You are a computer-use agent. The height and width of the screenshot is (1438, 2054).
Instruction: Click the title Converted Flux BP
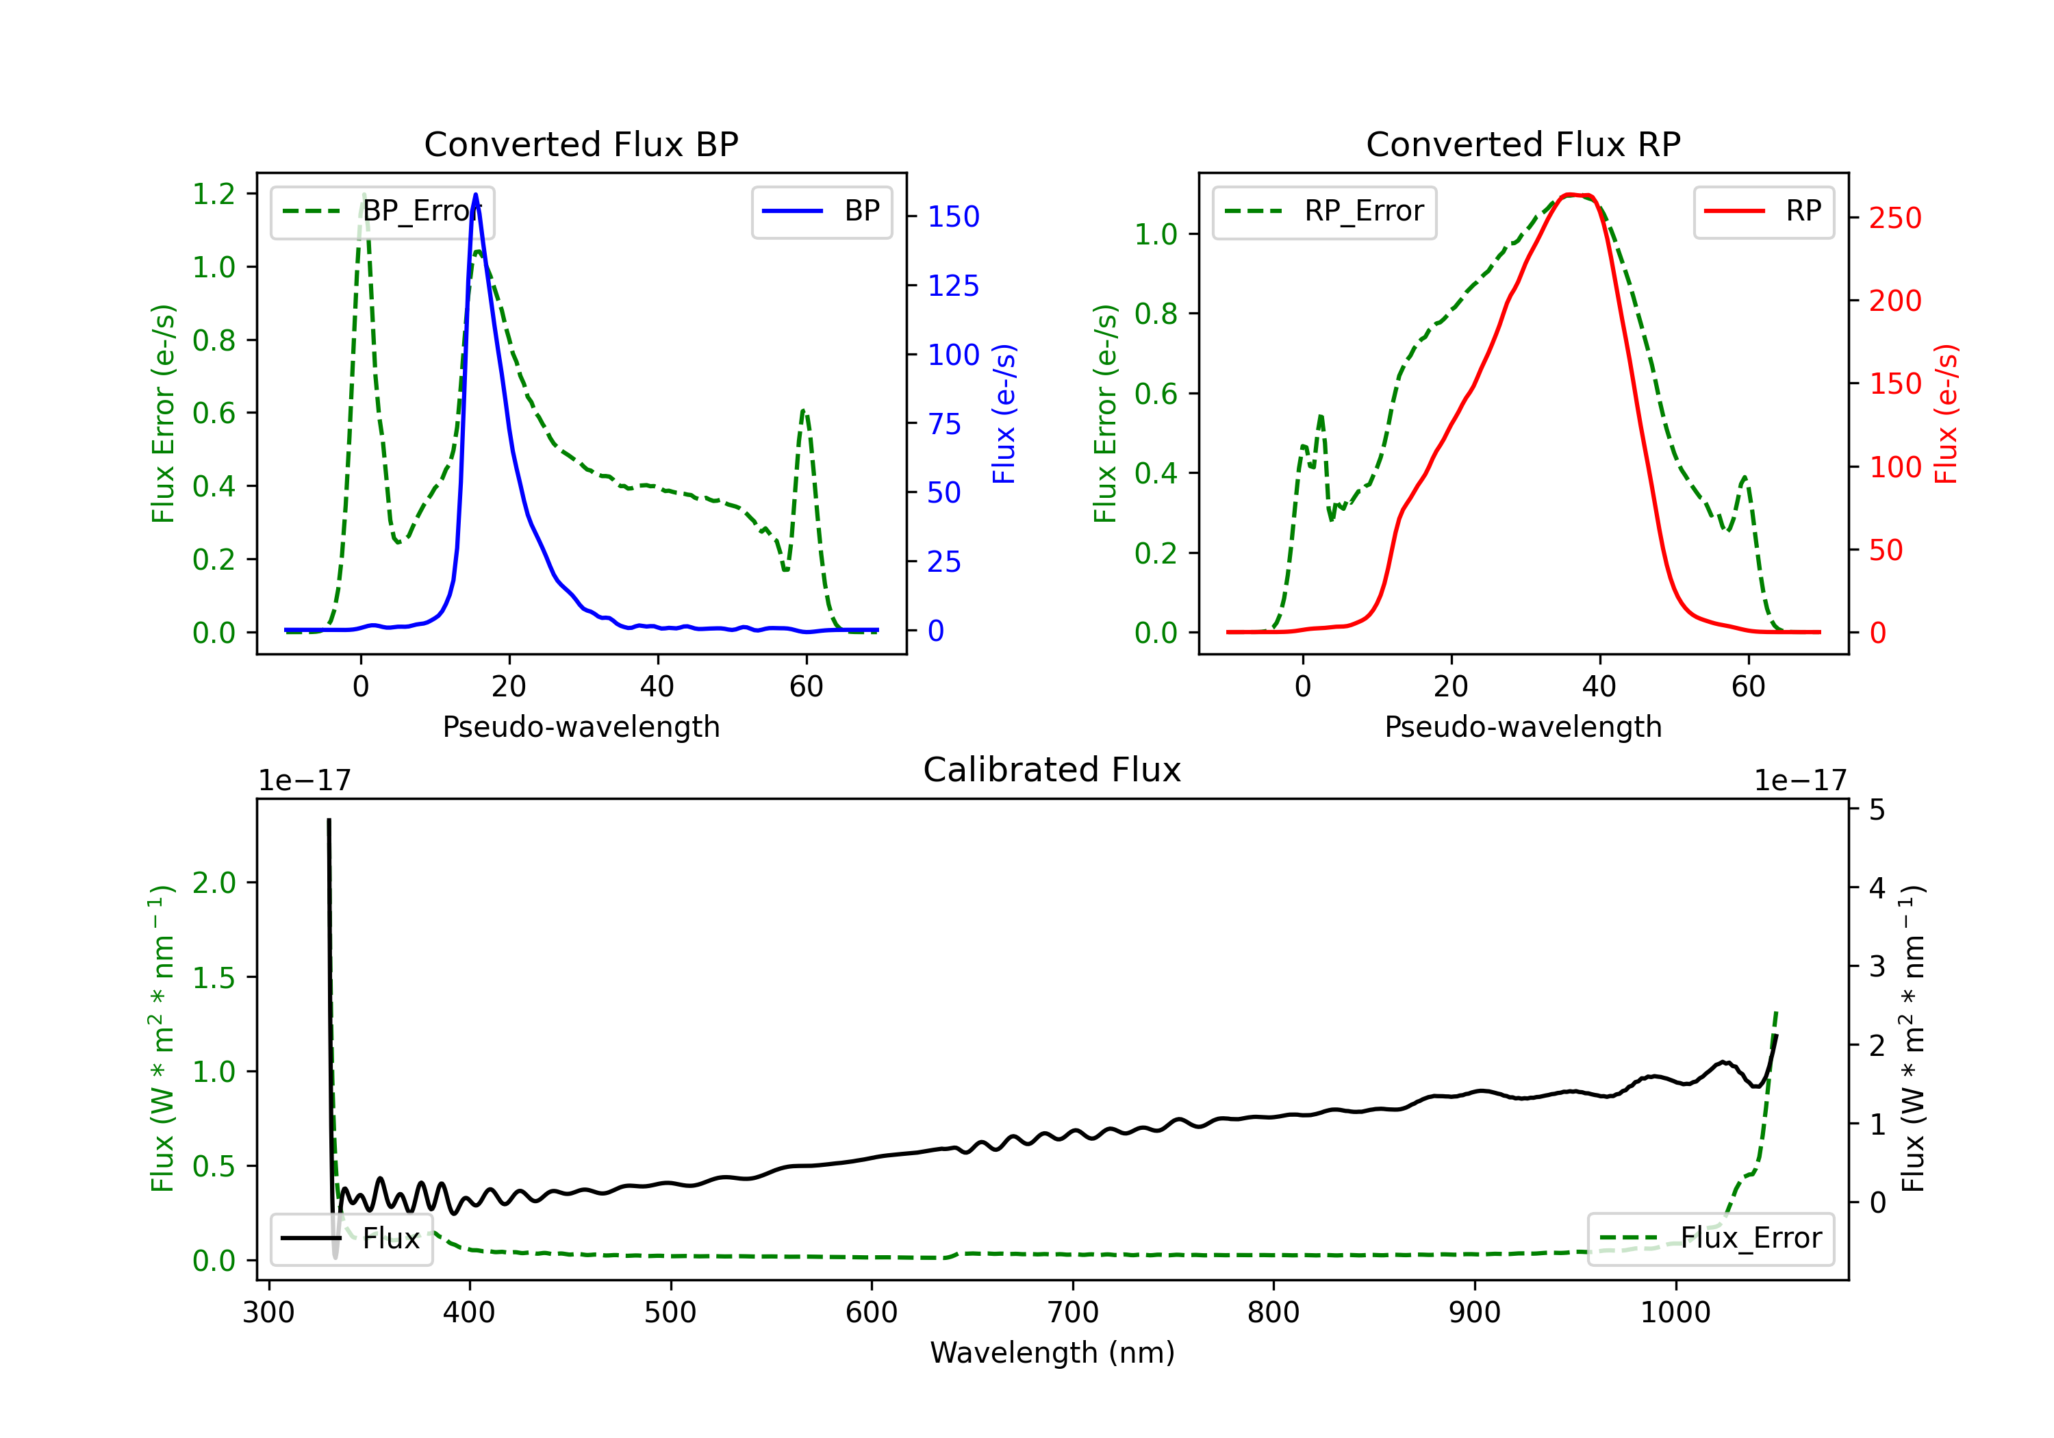point(581,144)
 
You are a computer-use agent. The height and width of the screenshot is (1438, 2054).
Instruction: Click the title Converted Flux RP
point(1523,144)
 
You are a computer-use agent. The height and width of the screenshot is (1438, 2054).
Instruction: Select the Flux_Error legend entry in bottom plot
point(1710,1239)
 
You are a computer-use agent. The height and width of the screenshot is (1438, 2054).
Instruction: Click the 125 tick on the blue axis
point(953,286)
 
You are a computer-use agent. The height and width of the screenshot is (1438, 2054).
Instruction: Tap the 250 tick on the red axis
point(1894,218)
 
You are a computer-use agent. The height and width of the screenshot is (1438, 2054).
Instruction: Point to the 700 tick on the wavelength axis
point(1073,1313)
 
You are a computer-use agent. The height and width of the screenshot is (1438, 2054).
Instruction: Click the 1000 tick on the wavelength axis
point(1675,1313)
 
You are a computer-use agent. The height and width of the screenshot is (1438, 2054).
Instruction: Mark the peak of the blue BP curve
point(475,195)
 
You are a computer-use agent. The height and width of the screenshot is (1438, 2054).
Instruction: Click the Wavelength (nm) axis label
point(1052,1352)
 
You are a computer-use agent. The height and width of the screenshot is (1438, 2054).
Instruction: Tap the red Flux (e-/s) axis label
point(1947,414)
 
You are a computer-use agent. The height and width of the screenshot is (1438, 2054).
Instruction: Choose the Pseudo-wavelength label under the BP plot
point(581,727)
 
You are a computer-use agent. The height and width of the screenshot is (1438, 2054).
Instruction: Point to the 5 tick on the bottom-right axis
point(1877,810)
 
